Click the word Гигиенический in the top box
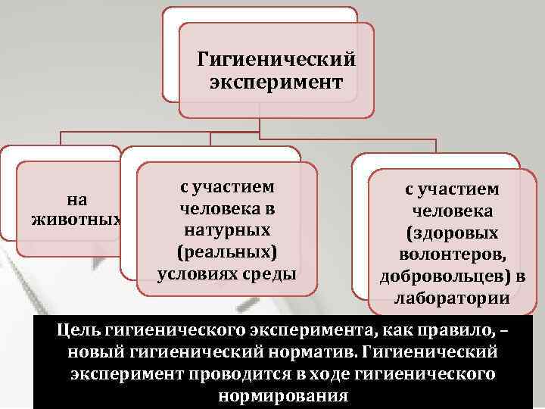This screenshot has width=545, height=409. (x=276, y=58)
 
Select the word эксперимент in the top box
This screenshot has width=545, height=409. (x=276, y=81)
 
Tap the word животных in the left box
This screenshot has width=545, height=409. (x=76, y=220)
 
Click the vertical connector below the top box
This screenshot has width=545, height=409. (x=260, y=126)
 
